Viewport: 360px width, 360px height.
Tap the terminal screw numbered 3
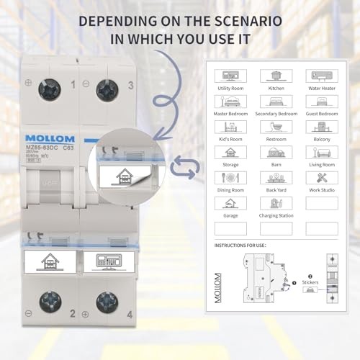point(107,89)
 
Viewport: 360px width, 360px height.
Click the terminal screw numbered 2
point(50,301)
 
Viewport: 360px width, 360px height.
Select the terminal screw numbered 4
point(107,301)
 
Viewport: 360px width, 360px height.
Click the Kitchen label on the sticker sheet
point(275,88)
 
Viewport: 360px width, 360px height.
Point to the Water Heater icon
point(321,76)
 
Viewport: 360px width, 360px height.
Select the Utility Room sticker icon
point(230,76)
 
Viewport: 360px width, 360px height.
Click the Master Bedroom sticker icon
point(230,102)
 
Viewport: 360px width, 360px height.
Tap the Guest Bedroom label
point(321,114)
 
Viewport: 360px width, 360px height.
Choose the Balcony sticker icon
point(321,127)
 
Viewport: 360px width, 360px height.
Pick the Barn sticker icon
point(276,152)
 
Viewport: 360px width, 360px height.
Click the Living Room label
point(321,165)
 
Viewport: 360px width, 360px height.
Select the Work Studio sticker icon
point(321,178)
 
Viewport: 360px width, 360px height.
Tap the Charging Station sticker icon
point(276,203)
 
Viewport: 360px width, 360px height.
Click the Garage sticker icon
point(230,203)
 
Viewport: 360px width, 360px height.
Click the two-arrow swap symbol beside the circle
point(186,168)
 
